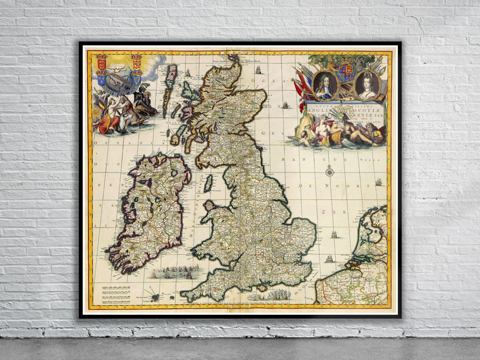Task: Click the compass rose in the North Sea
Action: pos(329,170)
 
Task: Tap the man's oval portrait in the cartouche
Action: pos(326,84)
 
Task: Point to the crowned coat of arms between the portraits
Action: pos(346,72)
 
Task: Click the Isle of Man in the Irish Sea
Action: pos(208,183)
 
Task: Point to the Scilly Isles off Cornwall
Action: pos(155,297)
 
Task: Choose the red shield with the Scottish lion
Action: pos(136,62)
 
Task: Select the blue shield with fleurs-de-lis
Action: pos(102,78)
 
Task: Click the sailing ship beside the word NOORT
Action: pos(379,182)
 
